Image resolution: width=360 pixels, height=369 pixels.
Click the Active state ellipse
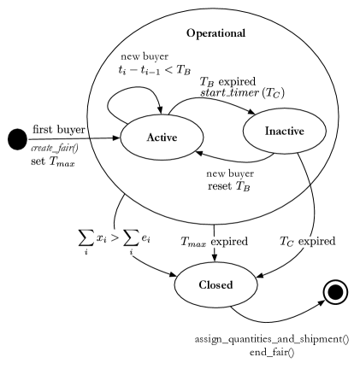tap(161, 137)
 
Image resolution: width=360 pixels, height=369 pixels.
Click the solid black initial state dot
tap(17, 139)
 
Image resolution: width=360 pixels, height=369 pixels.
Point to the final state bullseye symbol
tap(336, 293)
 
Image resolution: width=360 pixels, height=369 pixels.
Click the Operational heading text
tap(215, 33)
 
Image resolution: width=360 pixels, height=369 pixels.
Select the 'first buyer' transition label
tap(59, 129)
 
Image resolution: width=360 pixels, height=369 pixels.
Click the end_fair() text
tap(270, 352)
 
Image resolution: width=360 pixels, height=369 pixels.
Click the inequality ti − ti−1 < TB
tap(153, 70)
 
